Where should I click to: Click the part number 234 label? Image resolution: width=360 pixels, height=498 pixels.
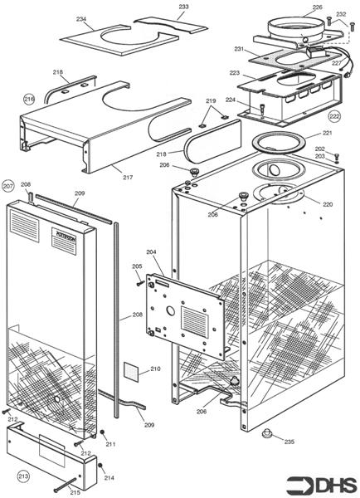80,18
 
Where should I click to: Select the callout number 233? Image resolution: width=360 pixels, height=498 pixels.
183,7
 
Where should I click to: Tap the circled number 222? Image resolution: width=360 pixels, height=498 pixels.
334,116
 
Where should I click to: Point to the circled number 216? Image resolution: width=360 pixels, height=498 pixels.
29,99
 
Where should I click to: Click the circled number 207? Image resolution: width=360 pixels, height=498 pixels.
9,185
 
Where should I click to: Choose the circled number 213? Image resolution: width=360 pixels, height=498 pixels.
24,476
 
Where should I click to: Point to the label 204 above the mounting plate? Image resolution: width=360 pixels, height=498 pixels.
151,251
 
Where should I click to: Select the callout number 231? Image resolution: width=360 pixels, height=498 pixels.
239,50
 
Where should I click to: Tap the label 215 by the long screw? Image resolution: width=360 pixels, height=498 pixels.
75,492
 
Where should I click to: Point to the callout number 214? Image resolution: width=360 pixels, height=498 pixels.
109,478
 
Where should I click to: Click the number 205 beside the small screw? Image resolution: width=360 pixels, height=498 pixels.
137,266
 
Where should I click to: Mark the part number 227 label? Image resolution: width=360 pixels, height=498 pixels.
336,61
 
